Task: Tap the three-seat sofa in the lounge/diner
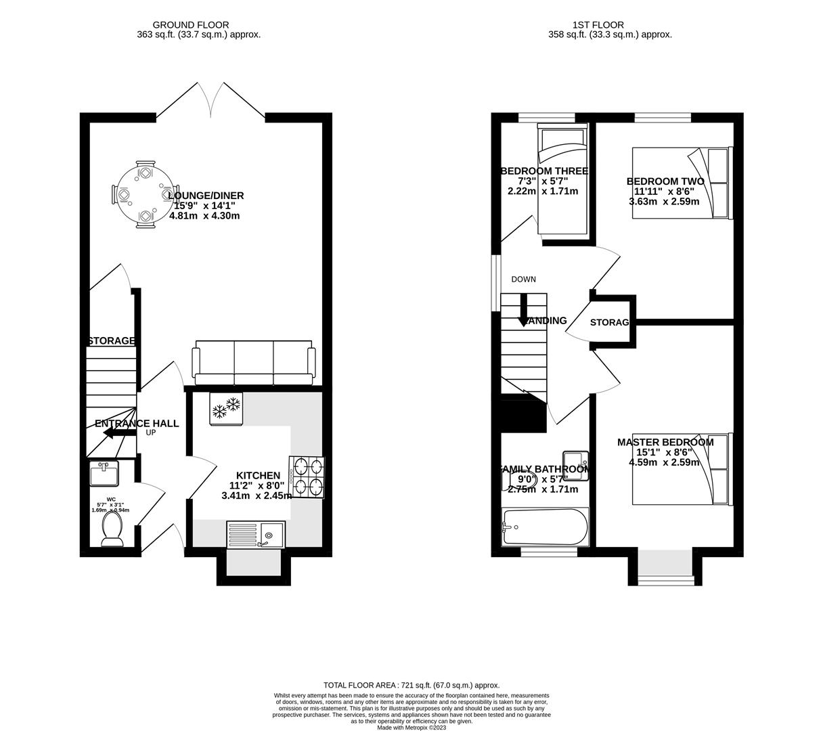254,361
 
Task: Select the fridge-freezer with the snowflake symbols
226,408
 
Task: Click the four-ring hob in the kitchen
307,477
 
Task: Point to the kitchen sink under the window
256,535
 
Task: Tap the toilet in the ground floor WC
111,528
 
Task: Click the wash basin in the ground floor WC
104,472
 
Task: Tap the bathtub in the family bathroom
545,527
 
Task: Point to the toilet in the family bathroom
512,479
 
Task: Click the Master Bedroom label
665,442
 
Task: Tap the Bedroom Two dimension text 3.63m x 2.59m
663,201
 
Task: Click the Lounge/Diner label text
206,196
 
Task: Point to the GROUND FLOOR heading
190,25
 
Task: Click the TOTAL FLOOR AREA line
411,685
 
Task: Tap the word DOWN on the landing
523,279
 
